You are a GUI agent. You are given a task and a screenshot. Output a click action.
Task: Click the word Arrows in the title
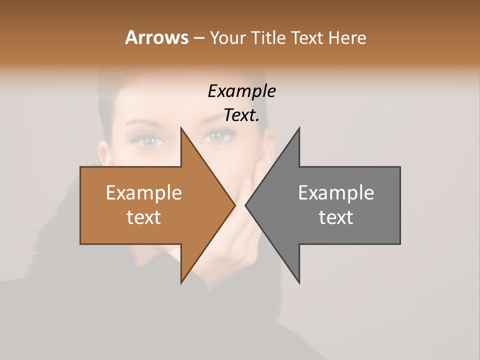(156, 37)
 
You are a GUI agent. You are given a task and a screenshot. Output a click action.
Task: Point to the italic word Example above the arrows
(241, 91)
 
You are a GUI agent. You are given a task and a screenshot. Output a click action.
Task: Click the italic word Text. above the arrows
(241, 115)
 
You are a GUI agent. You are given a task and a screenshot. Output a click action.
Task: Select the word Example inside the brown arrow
(143, 192)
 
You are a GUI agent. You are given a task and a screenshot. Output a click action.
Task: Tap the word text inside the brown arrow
(143, 217)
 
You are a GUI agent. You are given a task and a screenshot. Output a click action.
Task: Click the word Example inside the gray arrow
(336, 192)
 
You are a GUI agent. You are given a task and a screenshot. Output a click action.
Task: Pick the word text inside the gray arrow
(336, 217)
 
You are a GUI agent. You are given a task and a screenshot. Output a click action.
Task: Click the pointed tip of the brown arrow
(234, 205)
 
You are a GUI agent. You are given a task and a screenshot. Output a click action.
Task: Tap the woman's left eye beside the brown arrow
(148, 140)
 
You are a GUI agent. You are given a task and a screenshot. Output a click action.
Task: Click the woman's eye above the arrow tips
(218, 136)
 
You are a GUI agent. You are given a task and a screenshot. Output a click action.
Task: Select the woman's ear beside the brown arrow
(103, 155)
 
